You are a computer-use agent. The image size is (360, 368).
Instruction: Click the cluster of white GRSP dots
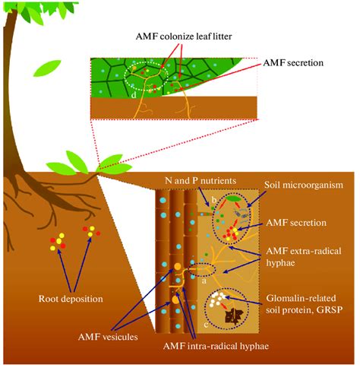click(x=226, y=300)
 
